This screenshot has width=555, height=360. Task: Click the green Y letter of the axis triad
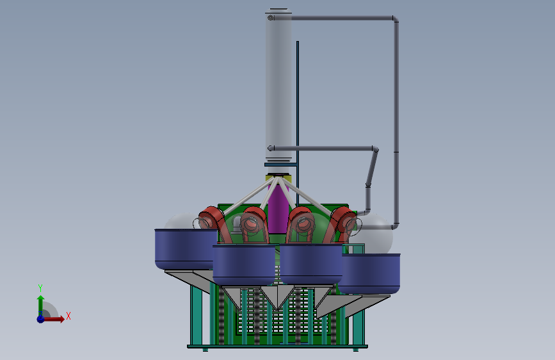tap(40, 288)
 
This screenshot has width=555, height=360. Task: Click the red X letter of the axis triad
tap(68, 316)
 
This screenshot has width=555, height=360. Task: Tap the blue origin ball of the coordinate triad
tap(40, 319)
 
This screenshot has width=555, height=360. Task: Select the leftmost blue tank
tap(186, 249)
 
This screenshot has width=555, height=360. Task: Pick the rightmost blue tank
tap(369, 273)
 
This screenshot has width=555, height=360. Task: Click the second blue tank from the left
tap(244, 265)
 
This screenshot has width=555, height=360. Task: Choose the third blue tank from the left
tap(310, 264)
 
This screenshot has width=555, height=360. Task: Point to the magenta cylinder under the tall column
tap(278, 209)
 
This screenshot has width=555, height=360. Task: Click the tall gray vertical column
tap(278, 85)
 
